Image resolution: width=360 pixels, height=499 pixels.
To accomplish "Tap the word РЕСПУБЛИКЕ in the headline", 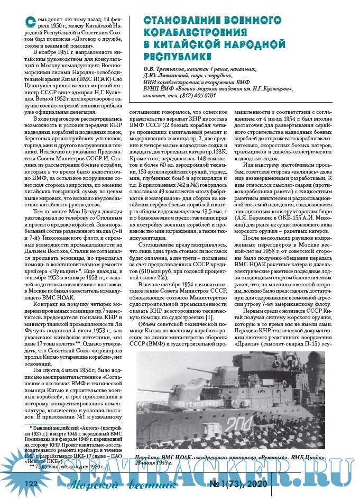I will point(177,55).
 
